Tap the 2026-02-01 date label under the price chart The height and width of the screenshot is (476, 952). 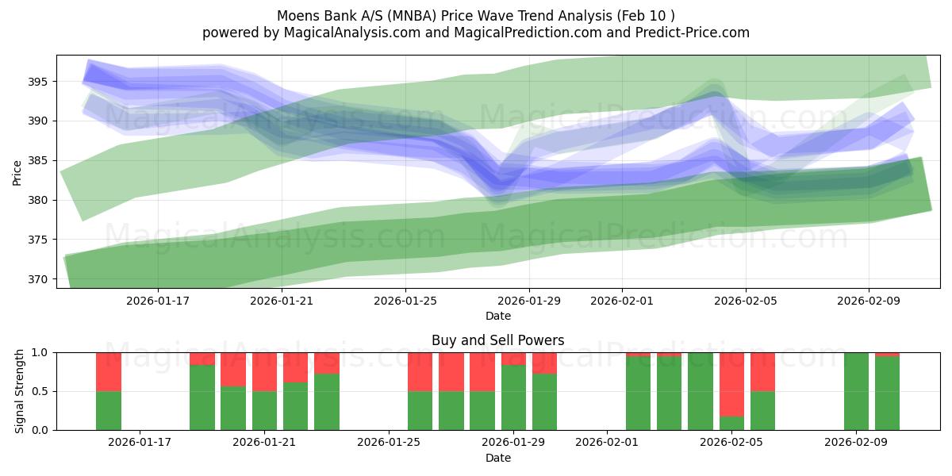tap(621, 301)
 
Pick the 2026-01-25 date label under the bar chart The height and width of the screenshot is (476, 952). tap(390, 443)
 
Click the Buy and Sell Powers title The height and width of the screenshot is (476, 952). tap(497, 340)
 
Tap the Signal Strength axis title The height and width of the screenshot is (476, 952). tap(20, 391)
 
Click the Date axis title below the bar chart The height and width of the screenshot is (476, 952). tap(497, 458)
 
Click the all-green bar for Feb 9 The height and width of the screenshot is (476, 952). tap(856, 391)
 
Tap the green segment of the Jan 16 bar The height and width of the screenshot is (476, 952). tap(109, 410)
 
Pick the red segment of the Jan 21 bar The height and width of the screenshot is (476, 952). tap(264, 371)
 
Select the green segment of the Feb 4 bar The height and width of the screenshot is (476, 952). tap(701, 391)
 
